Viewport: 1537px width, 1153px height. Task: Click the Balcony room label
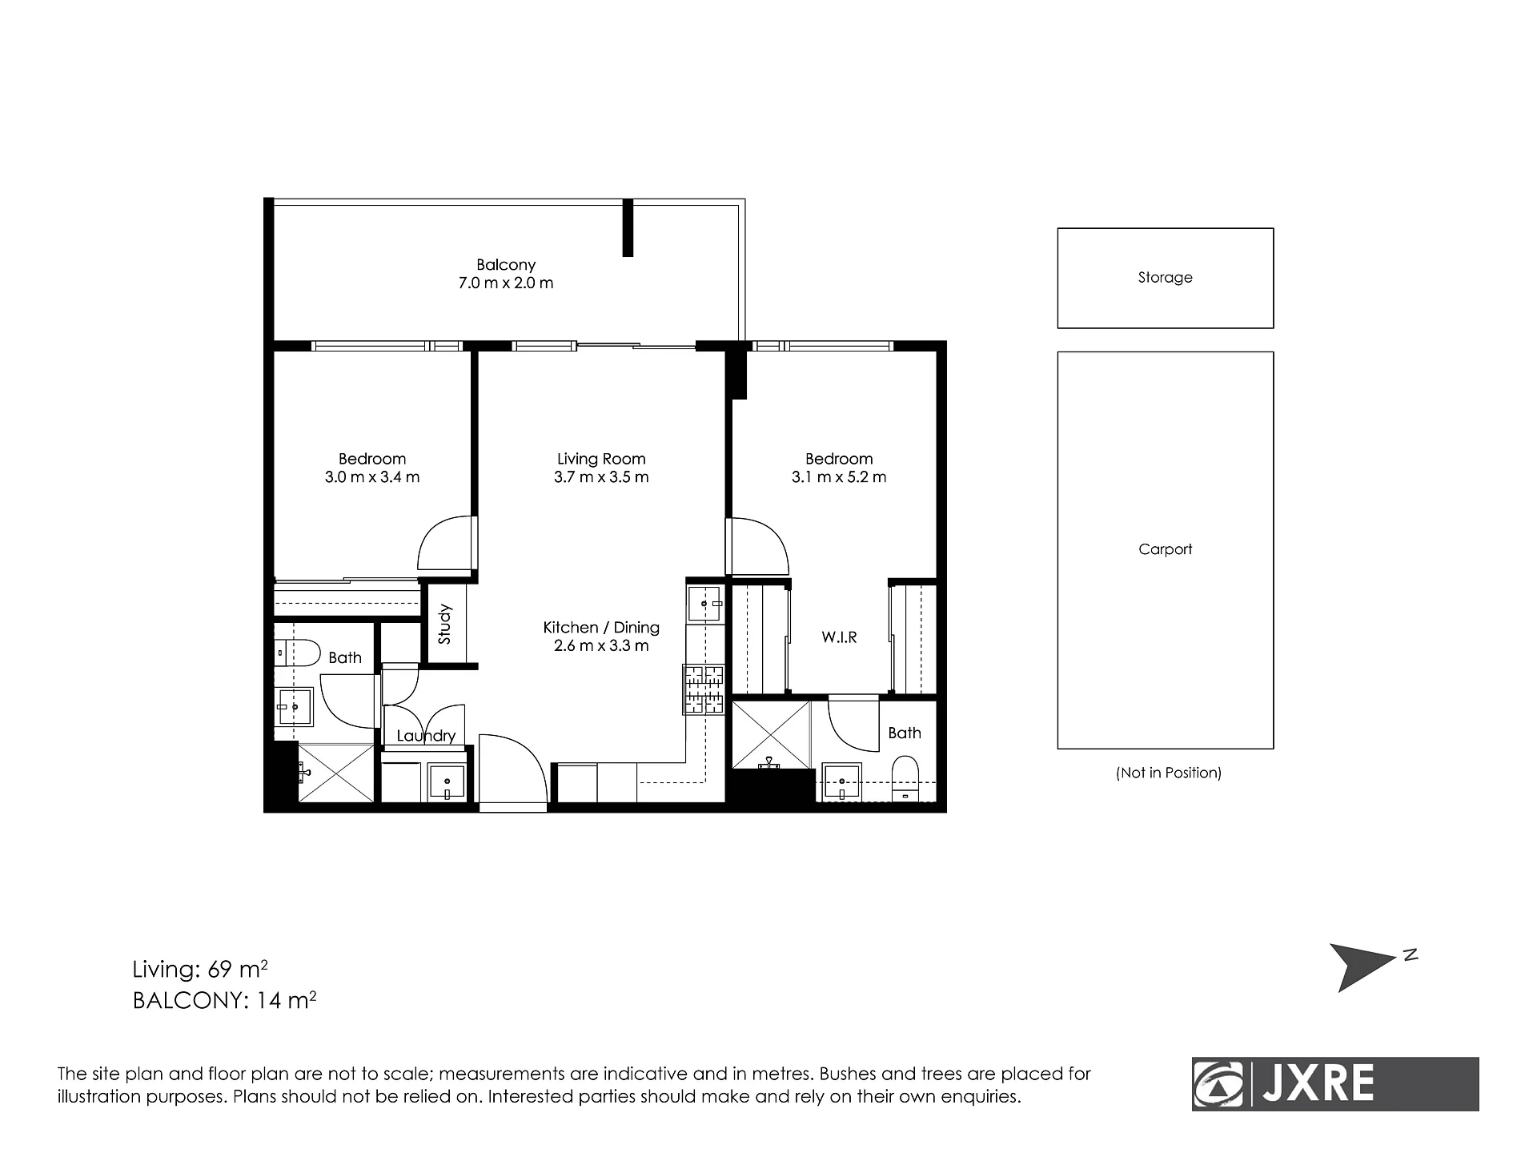point(506,264)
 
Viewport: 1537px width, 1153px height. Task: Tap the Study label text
point(445,625)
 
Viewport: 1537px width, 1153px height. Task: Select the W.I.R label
point(839,637)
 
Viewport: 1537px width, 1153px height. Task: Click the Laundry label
point(426,736)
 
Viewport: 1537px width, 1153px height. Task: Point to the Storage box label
point(1166,277)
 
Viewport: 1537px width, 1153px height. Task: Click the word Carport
point(1166,549)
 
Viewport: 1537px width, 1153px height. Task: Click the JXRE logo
point(1335,1084)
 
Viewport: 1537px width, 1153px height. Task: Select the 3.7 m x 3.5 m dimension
point(601,477)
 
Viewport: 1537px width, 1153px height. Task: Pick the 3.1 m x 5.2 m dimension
point(839,477)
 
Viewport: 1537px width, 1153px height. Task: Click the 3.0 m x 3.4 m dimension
point(372,477)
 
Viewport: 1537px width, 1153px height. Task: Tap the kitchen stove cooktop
point(704,689)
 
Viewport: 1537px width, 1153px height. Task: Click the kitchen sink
point(705,603)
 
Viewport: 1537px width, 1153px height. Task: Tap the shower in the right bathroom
point(771,734)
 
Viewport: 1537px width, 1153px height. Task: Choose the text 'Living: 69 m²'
point(200,970)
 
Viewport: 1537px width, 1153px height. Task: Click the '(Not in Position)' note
point(1169,773)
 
